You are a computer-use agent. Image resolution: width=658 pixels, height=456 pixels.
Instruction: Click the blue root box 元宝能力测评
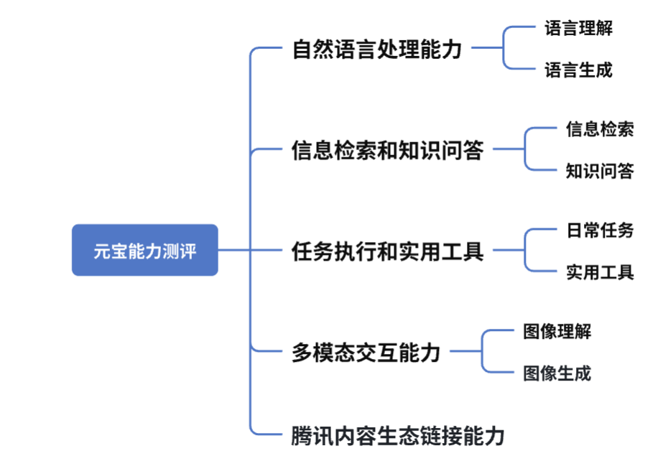tap(144, 250)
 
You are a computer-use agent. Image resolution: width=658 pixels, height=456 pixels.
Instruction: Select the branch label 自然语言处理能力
tap(377, 50)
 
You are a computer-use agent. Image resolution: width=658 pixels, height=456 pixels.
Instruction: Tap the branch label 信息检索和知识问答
tap(387, 150)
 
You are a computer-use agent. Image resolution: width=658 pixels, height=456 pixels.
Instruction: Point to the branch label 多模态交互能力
tap(366, 352)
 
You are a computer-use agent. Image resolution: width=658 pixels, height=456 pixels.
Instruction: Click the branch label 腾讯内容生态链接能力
tap(398, 435)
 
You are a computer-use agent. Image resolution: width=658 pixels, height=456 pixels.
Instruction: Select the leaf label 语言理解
tap(578, 29)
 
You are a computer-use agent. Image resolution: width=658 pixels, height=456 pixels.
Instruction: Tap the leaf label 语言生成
tap(578, 70)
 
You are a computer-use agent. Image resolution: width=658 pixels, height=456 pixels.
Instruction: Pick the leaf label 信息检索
tap(600, 129)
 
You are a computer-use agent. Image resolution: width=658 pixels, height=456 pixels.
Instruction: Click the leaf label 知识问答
tap(600, 171)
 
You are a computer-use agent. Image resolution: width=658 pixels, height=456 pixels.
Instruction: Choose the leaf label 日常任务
tap(600, 231)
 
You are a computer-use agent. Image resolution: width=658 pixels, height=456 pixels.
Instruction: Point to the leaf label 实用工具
tap(600, 272)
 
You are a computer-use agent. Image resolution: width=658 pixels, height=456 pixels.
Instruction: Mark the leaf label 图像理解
tap(557, 331)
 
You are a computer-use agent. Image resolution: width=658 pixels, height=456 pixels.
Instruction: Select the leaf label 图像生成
tap(557, 373)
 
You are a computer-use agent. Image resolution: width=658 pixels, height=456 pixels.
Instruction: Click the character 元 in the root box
tap(101, 251)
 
